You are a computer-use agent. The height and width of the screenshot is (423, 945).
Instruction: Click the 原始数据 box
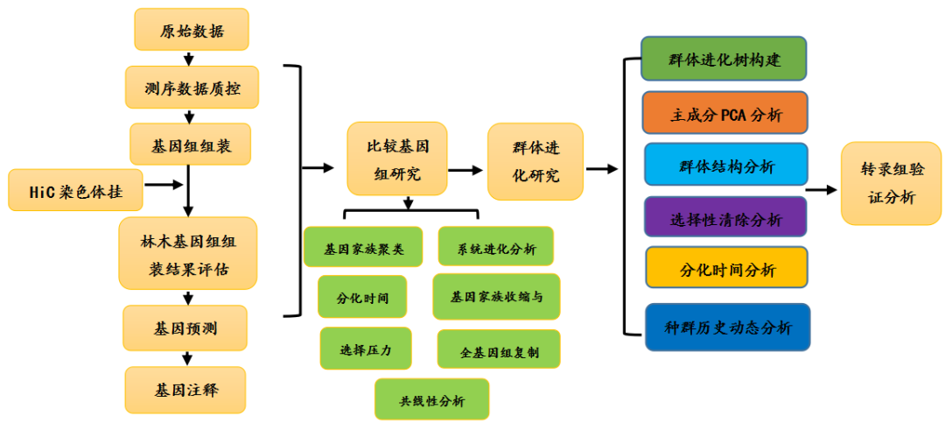[192, 31]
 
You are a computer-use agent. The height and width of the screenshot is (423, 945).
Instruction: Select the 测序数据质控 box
[192, 88]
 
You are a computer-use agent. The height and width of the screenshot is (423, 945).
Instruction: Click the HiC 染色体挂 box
[73, 189]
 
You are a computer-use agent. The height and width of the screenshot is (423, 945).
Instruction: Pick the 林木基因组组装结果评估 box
[187, 254]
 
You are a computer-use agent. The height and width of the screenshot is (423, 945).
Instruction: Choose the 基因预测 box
[185, 329]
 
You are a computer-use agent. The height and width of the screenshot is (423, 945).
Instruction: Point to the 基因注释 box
[185, 390]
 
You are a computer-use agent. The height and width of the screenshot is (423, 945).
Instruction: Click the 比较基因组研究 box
[397, 159]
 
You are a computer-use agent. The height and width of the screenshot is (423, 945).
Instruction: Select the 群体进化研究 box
[535, 161]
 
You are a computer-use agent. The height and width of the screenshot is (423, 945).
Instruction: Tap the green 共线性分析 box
[431, 399]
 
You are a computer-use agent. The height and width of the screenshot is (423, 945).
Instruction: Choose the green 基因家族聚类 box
[363, 247]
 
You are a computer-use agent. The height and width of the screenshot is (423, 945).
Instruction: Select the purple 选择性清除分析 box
[725, 216]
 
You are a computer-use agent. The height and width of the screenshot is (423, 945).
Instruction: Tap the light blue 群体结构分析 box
[725, 165]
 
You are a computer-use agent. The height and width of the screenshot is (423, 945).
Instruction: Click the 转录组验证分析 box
[892, 184]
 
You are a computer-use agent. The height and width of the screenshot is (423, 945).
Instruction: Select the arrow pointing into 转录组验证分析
[822, 188]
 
